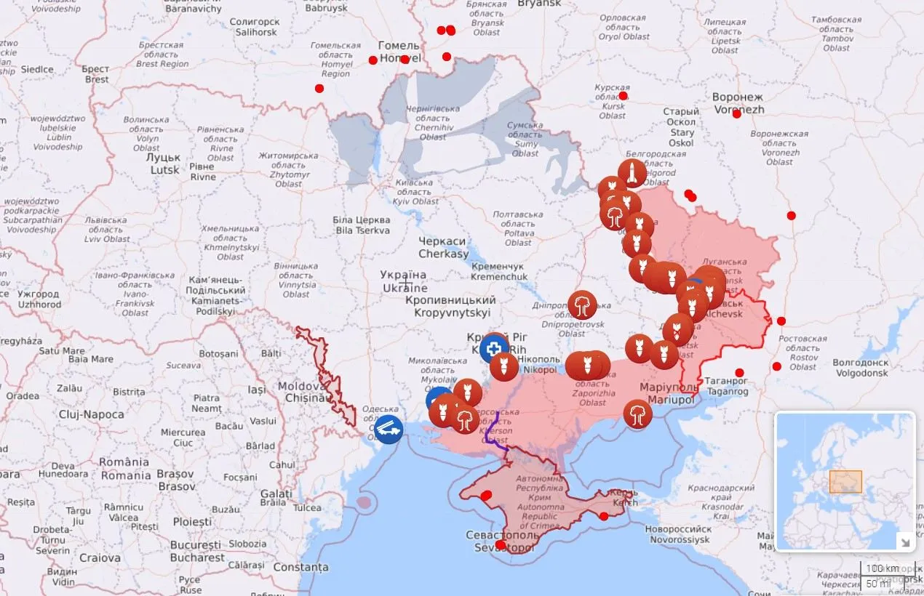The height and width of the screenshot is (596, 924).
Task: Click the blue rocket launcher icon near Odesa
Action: (x=389, y=429)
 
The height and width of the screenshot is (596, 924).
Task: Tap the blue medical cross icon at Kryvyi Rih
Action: (x=495, y=348)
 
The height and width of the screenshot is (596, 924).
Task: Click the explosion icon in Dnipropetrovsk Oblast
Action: (x=582, y=305)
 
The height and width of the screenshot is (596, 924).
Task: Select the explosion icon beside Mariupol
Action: (x=637, y=414)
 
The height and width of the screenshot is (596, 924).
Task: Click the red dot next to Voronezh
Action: (x=736, y=113)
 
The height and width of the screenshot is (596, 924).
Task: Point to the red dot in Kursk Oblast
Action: (x=623, y=95)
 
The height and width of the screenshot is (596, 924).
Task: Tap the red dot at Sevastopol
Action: (x=501, y=544)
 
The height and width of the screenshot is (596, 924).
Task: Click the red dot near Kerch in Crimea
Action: (x=603, y=516)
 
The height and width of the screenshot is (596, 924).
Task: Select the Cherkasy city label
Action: (x=443, y=248)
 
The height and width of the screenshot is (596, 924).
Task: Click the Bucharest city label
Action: (x=197, y=551)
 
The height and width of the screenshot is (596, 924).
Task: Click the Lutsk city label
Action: (x=164, y=164)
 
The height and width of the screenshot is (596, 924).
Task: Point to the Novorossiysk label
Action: (x=677, y=534)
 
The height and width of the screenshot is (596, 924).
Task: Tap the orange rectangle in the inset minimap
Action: (x=845, y=481)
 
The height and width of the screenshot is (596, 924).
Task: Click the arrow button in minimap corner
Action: (x=905, y=540)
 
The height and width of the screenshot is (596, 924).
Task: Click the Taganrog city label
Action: (x=727, y=385)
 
